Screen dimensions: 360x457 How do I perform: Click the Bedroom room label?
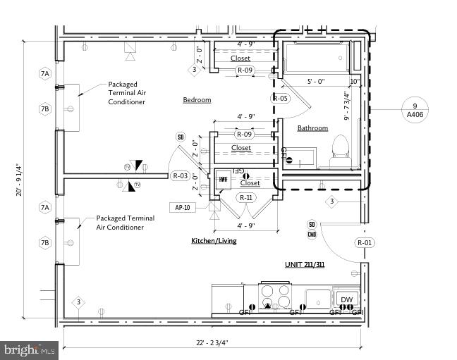coord(197,100)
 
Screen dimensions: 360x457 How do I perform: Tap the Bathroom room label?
coord(312,128)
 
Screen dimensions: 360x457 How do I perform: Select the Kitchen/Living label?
coord(214,241)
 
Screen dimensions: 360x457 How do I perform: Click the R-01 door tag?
coord(365,243)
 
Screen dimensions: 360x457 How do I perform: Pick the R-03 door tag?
coord(180,176)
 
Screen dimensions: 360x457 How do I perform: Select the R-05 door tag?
coord(280,99)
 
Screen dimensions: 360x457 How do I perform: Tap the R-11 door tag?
coord(246,198)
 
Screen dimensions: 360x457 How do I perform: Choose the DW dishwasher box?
coord(346,299)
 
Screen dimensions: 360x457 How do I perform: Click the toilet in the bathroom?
coord(339,149)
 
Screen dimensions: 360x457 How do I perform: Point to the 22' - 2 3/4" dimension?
coord(213,343)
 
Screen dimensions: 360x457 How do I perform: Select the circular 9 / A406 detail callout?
coord(415,108)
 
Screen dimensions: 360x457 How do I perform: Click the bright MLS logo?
coord(30,349)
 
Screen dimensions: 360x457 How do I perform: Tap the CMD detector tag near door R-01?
coord(312,234)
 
